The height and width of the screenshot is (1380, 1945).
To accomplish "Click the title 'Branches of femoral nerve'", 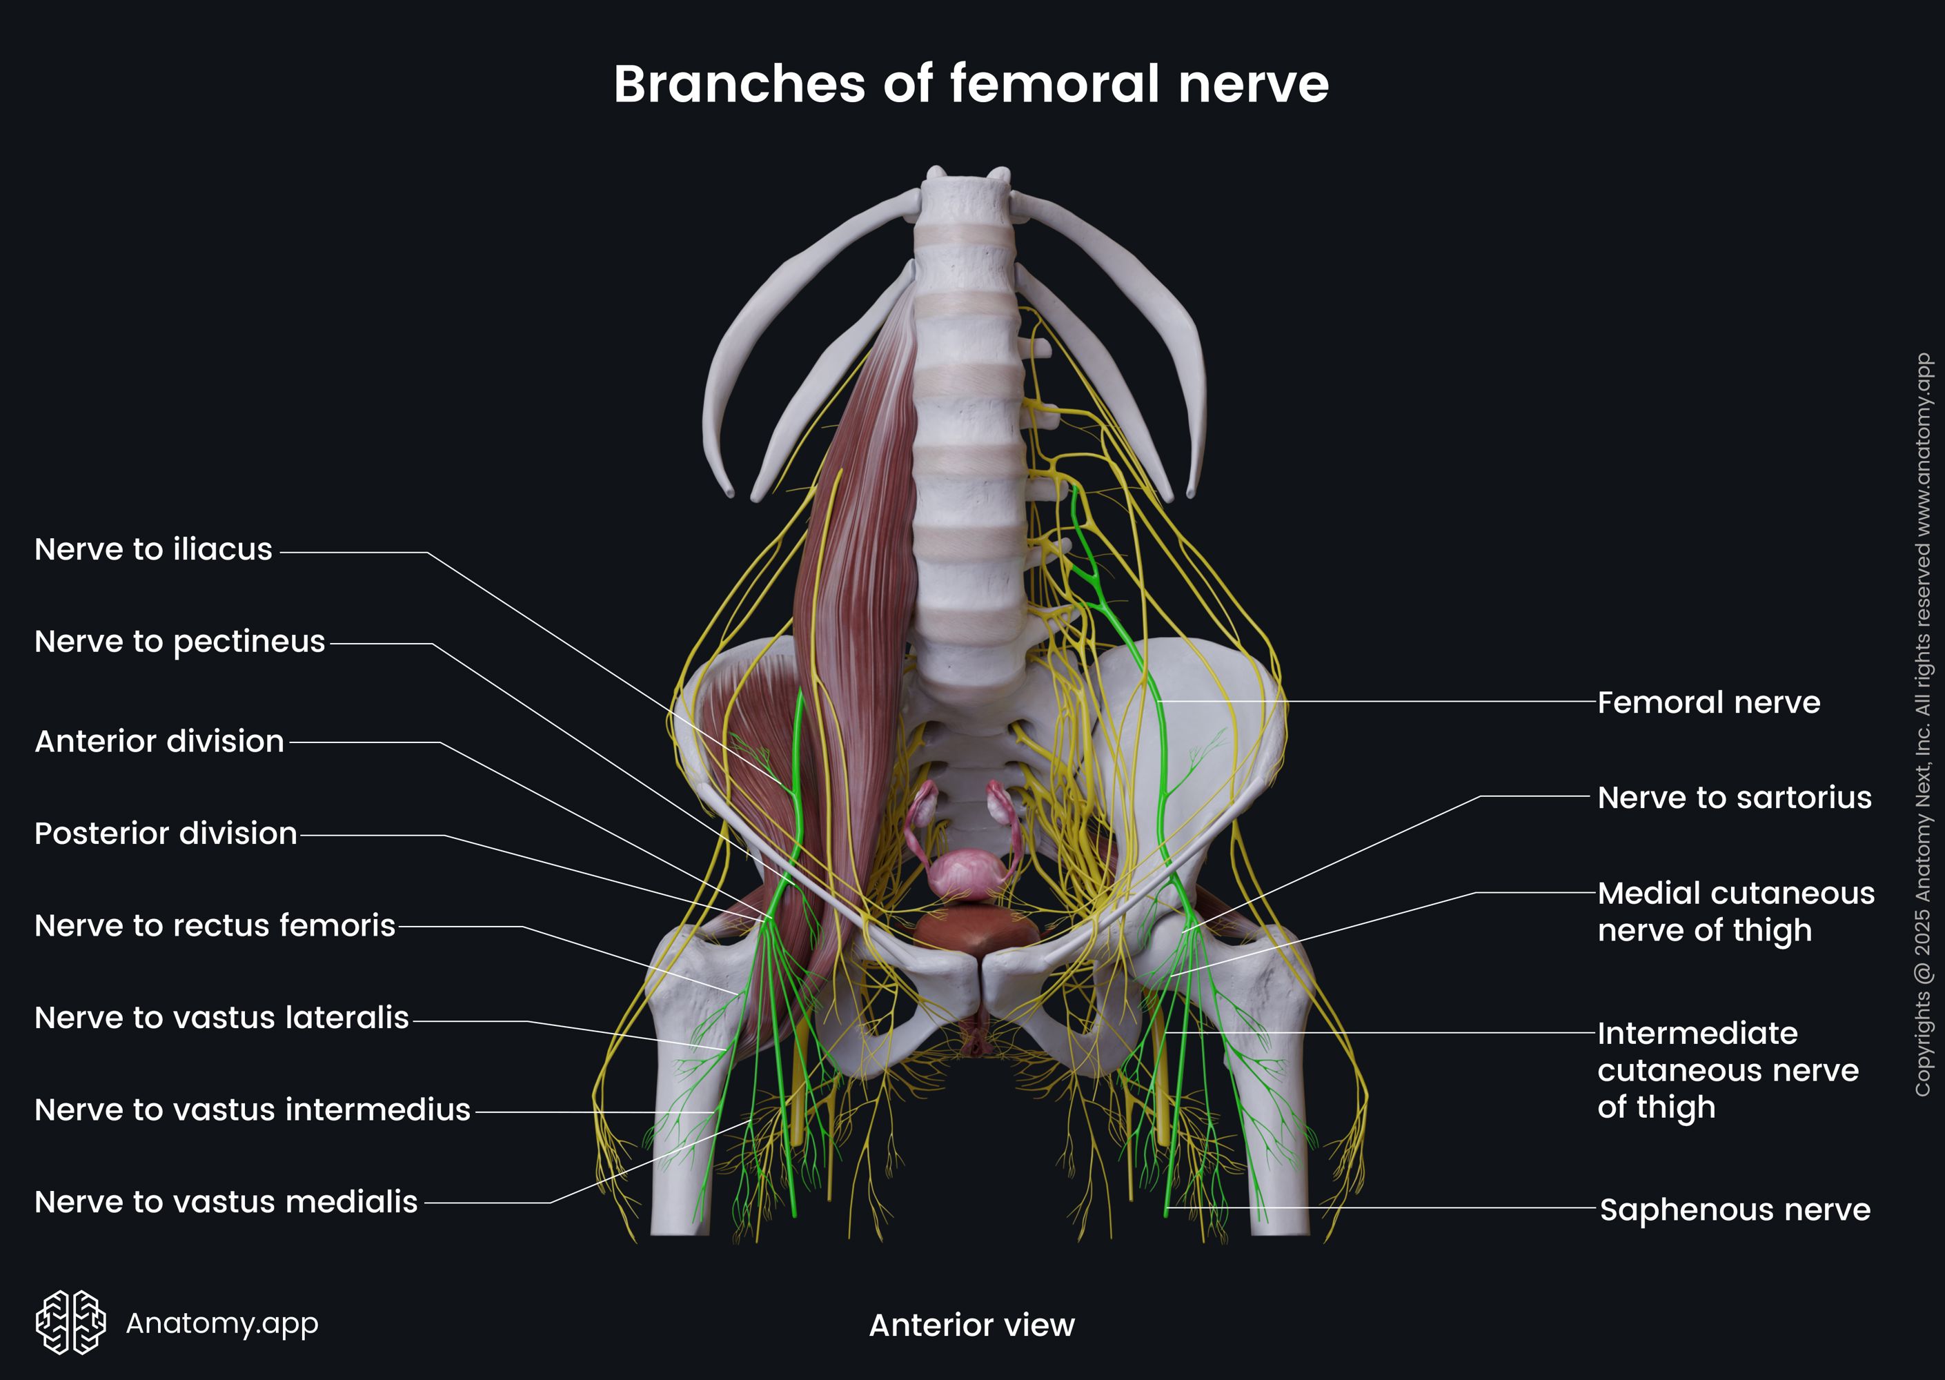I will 971,84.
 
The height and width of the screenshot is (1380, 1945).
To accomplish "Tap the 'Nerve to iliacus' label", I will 153,550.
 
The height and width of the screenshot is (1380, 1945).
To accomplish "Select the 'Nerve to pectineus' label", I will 179,642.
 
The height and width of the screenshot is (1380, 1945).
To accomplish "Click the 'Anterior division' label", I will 159,742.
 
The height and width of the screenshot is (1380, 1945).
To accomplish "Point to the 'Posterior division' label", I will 166,834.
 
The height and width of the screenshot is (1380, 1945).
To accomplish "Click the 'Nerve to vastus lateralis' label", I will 221,1018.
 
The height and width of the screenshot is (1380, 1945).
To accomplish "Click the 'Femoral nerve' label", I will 1708,702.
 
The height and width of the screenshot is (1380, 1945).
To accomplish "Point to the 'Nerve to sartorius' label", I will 1733,798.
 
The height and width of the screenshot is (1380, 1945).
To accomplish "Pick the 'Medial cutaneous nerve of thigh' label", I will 1735,911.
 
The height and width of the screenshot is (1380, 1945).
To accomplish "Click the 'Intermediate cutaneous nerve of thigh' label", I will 1726,1071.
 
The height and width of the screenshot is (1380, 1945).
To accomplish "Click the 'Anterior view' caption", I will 971,1325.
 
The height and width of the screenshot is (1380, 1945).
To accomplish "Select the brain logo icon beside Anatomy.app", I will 70,1322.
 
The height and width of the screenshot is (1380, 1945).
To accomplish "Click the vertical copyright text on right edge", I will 1923,724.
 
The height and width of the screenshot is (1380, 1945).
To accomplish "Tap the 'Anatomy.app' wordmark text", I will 221,1323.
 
